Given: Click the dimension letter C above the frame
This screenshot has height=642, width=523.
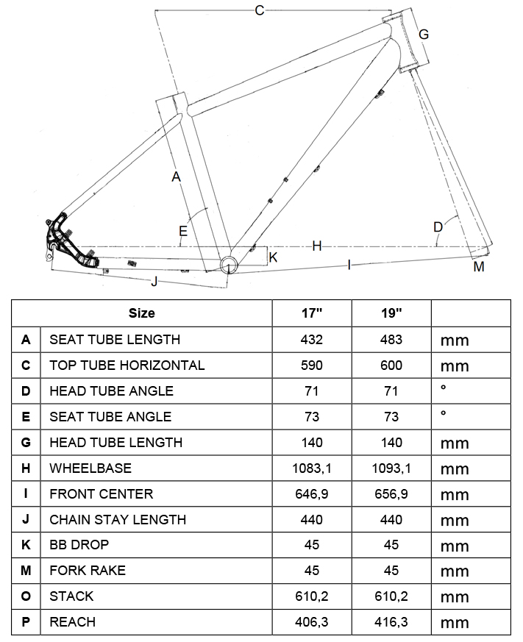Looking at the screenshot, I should pyautogui.click(x=258, y=10).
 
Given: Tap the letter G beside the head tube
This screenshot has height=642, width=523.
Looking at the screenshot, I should pyautogui.click(x=424, y=35).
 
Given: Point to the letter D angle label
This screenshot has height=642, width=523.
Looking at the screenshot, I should pyautogui.click(x=438, y=227).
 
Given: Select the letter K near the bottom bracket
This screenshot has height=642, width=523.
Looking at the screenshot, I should pyautogui.click(x=273, y=257).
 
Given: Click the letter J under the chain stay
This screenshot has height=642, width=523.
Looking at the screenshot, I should pyautogui.click(x=154, y=282).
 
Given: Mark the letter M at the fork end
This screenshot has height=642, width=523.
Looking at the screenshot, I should pyautogui.click(x=479, y=266).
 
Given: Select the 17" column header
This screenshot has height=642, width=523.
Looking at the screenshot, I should pyautogui.click(x=312, y=313).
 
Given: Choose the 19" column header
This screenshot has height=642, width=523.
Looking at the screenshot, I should pyautogui.click(x=391, y=313).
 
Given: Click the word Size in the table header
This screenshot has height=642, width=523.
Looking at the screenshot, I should pyautogui.click(x=142, y=313).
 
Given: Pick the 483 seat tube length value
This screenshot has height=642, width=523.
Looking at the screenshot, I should pyautogui.click(x=391, y=339).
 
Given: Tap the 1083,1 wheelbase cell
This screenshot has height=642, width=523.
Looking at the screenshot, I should pyautogui.click(x=312, y=468).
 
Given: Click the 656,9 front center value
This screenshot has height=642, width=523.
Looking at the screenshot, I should pyautogui.click(x=391, y=493).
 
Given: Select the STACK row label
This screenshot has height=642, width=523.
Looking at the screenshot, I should pyautogui.click(x=71, y=596).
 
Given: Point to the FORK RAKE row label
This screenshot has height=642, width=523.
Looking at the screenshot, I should pyautogui.click(x=88, y=571).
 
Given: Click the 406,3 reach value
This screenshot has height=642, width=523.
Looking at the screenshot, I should pyautogui.click(x=312, y=622).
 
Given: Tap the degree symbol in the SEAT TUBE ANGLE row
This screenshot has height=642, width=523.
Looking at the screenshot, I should pyautogui.click(x=444, y=414).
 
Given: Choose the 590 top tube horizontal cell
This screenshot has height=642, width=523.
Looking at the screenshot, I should pyautogui.click(x=312, y=365).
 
